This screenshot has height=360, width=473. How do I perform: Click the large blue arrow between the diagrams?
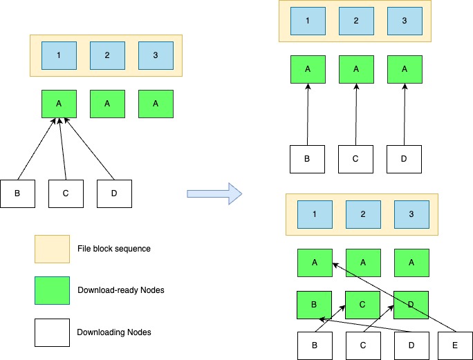tap(215, 193)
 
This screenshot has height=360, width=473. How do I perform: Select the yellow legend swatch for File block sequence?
tap(53, 249)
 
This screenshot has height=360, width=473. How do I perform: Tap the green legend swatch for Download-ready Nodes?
tap(53, 290)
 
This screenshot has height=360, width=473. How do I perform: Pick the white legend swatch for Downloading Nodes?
tap(53, 332)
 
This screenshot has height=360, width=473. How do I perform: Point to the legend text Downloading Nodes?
tap(113, 332)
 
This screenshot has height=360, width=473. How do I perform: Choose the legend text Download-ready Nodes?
tap(115, 291)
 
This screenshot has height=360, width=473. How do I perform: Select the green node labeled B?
tap(314, 304)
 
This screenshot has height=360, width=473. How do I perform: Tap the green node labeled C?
tap(362, 304)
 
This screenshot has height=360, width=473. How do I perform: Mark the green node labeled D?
tap(411, 304)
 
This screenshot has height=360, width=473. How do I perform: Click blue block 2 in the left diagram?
tap(107, 55)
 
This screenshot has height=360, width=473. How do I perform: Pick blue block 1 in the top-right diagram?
tap(308, 21)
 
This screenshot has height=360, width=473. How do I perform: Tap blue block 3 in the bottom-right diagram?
tap(411, 214)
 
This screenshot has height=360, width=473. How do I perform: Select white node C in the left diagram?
tap(66, 193)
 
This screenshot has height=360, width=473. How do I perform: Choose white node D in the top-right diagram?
tap(404, 159)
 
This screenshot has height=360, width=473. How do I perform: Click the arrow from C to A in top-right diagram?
tap(355, 114)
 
